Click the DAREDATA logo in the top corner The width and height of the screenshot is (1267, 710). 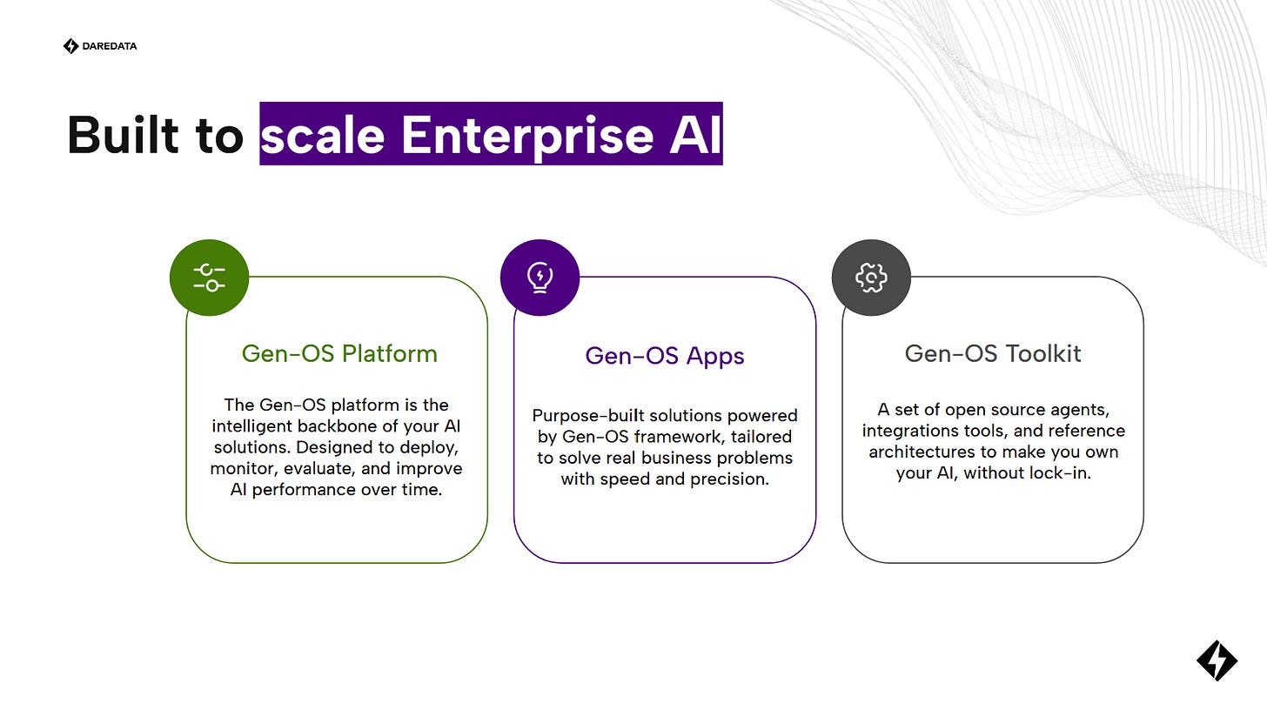click(100, 46)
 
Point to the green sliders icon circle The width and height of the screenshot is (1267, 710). click(209, 278)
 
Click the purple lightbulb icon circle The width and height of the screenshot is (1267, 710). click(540, 278)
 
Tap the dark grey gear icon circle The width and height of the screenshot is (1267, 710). click(871, 278)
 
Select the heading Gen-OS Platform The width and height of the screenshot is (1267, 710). click(339, 353)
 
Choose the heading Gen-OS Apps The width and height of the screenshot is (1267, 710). click(665, 355)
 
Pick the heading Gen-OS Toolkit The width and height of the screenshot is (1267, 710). click(993, 353)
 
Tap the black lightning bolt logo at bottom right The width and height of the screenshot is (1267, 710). click(1217, 660)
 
